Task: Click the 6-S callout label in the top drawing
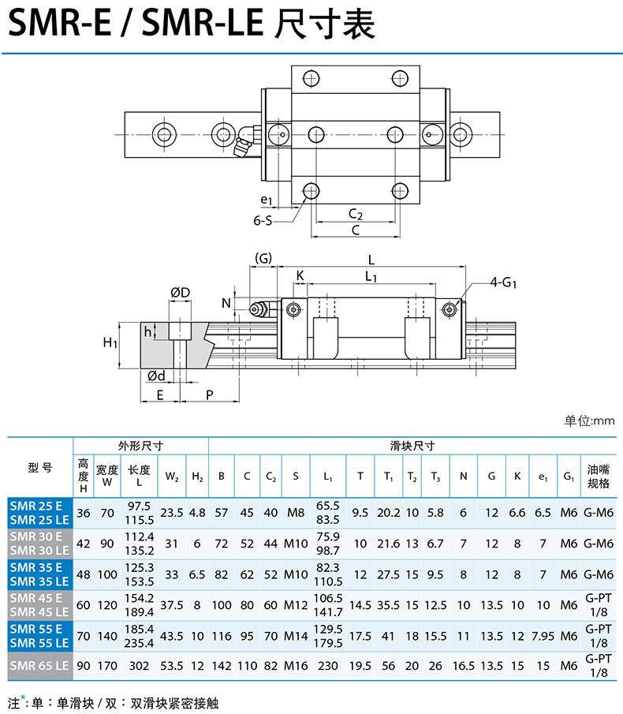tap(263, 220)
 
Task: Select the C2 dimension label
tap(356, 214)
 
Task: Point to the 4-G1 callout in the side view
tap(503, 282)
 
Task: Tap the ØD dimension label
tap(181, 293)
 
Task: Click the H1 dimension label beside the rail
tap(110, 342)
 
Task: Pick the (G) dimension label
tap(263, 258)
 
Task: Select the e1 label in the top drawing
tap(267, 200)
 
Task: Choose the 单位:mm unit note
tap(589, 421)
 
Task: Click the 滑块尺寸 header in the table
tap(412, 446)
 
